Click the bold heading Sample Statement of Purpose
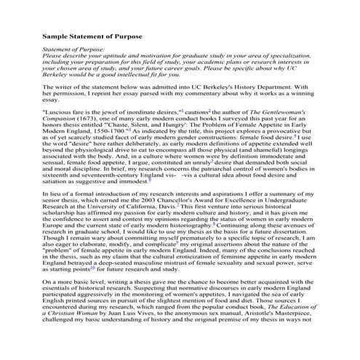pyautogui.click(x=92, y=36)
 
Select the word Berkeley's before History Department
pyautogui.click(x=223, y=87)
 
